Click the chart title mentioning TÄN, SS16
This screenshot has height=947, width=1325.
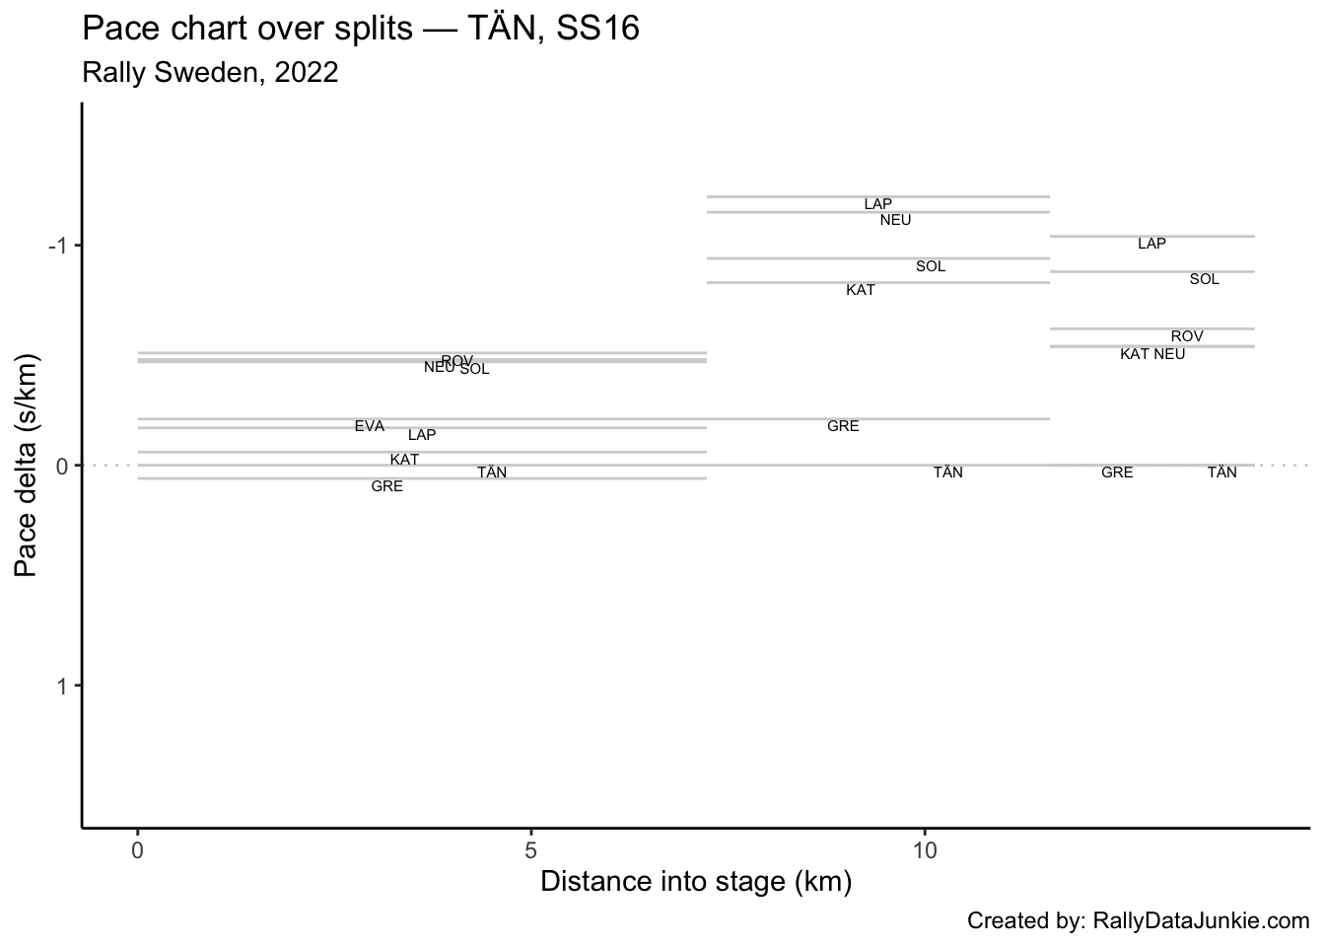coord(361,30)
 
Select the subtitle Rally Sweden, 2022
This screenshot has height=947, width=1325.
coord(210,73)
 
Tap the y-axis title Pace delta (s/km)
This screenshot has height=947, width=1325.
coord(27,465)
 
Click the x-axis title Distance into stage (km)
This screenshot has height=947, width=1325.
coord(695,881)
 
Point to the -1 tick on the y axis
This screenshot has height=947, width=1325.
coord(58,246)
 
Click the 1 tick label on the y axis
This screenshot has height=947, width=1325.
coord(62,686)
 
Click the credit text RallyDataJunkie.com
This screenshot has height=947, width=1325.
coord(1138,921)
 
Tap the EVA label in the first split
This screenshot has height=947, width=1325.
coord(370,426)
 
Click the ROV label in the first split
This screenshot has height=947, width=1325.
coord(456,360)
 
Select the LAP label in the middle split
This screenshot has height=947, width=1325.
coord(877,204)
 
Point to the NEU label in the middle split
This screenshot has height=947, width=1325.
coord(895,220)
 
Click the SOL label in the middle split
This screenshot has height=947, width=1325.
coord(930,266)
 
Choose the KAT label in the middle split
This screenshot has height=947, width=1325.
coord(860,290)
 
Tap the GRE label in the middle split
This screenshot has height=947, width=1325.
coord(843,426)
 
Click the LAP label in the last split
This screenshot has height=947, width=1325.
coord(1151,244)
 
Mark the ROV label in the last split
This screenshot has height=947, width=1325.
coord(1187,336)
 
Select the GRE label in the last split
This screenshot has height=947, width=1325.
coord(1117,473)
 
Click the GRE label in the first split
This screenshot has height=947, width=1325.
coord(386,486)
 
